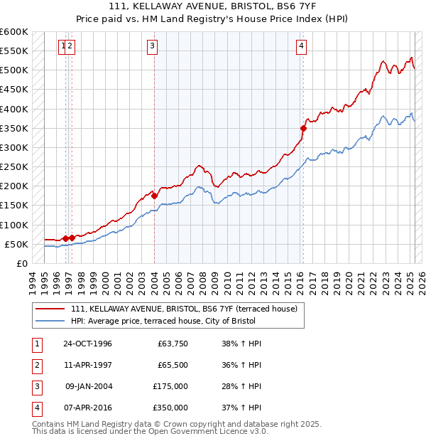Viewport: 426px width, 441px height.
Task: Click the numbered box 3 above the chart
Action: (x=153, y=47)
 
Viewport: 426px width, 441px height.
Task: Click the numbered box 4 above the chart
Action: (x=302, y=47)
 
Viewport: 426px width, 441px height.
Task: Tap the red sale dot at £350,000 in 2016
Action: (x=303, y=128)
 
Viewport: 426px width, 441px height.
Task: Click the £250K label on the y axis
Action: (x=14, y=166)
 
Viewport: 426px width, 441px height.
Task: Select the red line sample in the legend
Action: (x=50, y=308)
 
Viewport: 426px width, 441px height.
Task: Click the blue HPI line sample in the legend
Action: (x=50, y=322)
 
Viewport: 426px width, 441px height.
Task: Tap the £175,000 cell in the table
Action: (x=170, y=386)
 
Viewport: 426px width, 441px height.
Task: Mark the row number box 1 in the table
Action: (x=36, y=344)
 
